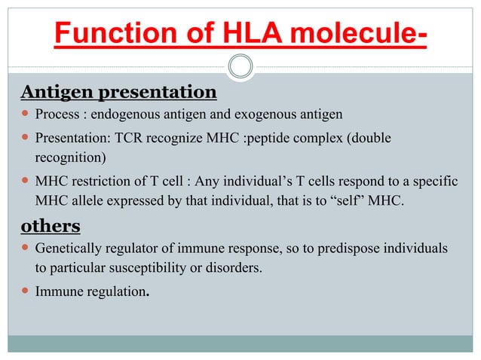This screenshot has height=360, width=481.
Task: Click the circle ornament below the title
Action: tap(240, 66)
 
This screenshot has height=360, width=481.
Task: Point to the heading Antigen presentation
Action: tap(118, 93)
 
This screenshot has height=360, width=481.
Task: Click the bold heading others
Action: tap(50, 226)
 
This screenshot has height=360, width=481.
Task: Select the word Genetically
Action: tap(67, 249)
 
